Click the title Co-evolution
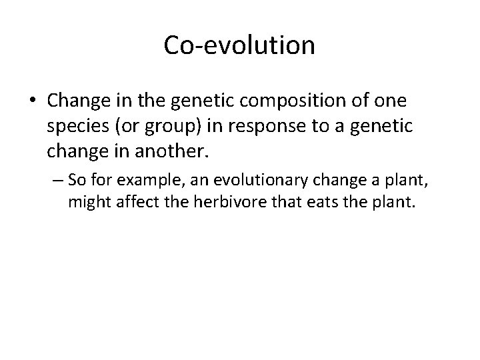239,46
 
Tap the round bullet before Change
33,101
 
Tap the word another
177,151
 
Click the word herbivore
217,202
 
